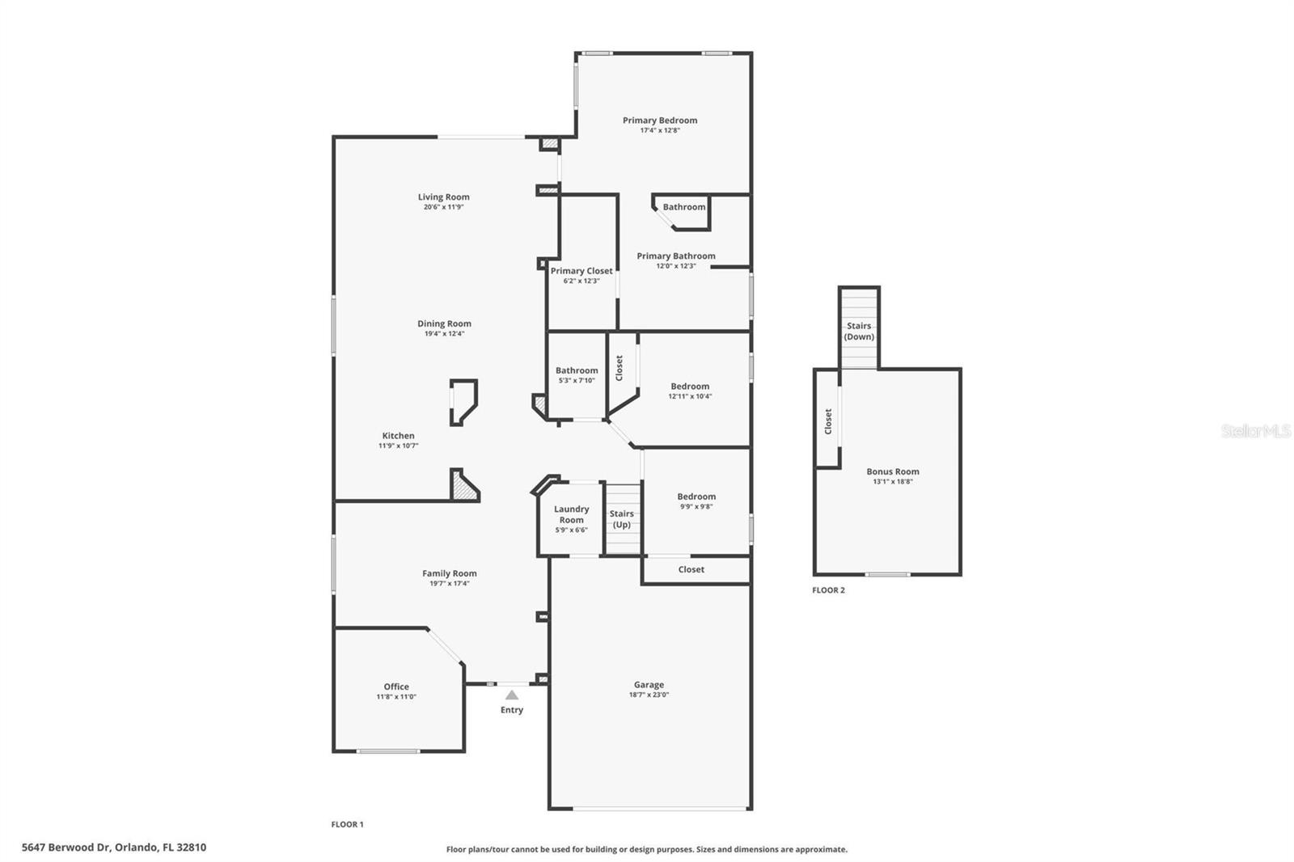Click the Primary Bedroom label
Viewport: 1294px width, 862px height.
click(x=660, y=120)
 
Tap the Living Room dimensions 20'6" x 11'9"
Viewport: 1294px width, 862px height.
click(x=443, y=207)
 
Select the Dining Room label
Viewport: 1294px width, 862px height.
click(x=444, y=323)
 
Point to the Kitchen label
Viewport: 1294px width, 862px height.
click(x=398, y=436)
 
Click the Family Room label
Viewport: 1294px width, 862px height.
click(x=450, y=573)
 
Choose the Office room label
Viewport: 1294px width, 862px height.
click(x=396, y=687)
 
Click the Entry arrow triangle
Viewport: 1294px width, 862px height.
click(x=511, y=695)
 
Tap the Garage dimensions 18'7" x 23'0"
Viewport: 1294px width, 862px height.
click(x=649, y=695)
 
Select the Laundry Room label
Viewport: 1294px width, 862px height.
click(x=571, y=514)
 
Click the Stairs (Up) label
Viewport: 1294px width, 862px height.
click(x=621, y=519)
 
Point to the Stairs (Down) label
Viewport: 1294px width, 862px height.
click(x=859, y=332)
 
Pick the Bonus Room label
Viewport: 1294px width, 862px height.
click(x=893, y=471)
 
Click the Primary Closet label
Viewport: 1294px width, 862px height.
click(x=581, y=271)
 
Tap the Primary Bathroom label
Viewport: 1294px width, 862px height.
click(x=676, y=256)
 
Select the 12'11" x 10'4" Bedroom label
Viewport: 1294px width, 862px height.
click(x=690, y=387)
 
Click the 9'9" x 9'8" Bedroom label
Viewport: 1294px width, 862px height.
click(x=696, y=496)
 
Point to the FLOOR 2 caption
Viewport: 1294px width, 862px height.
click(x=828, y=590)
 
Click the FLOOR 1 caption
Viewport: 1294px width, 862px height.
click(x=347, y=825)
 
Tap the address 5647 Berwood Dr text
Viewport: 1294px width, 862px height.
click(x=114, y=847)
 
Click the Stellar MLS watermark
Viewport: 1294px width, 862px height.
click(x=1255, y=431)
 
